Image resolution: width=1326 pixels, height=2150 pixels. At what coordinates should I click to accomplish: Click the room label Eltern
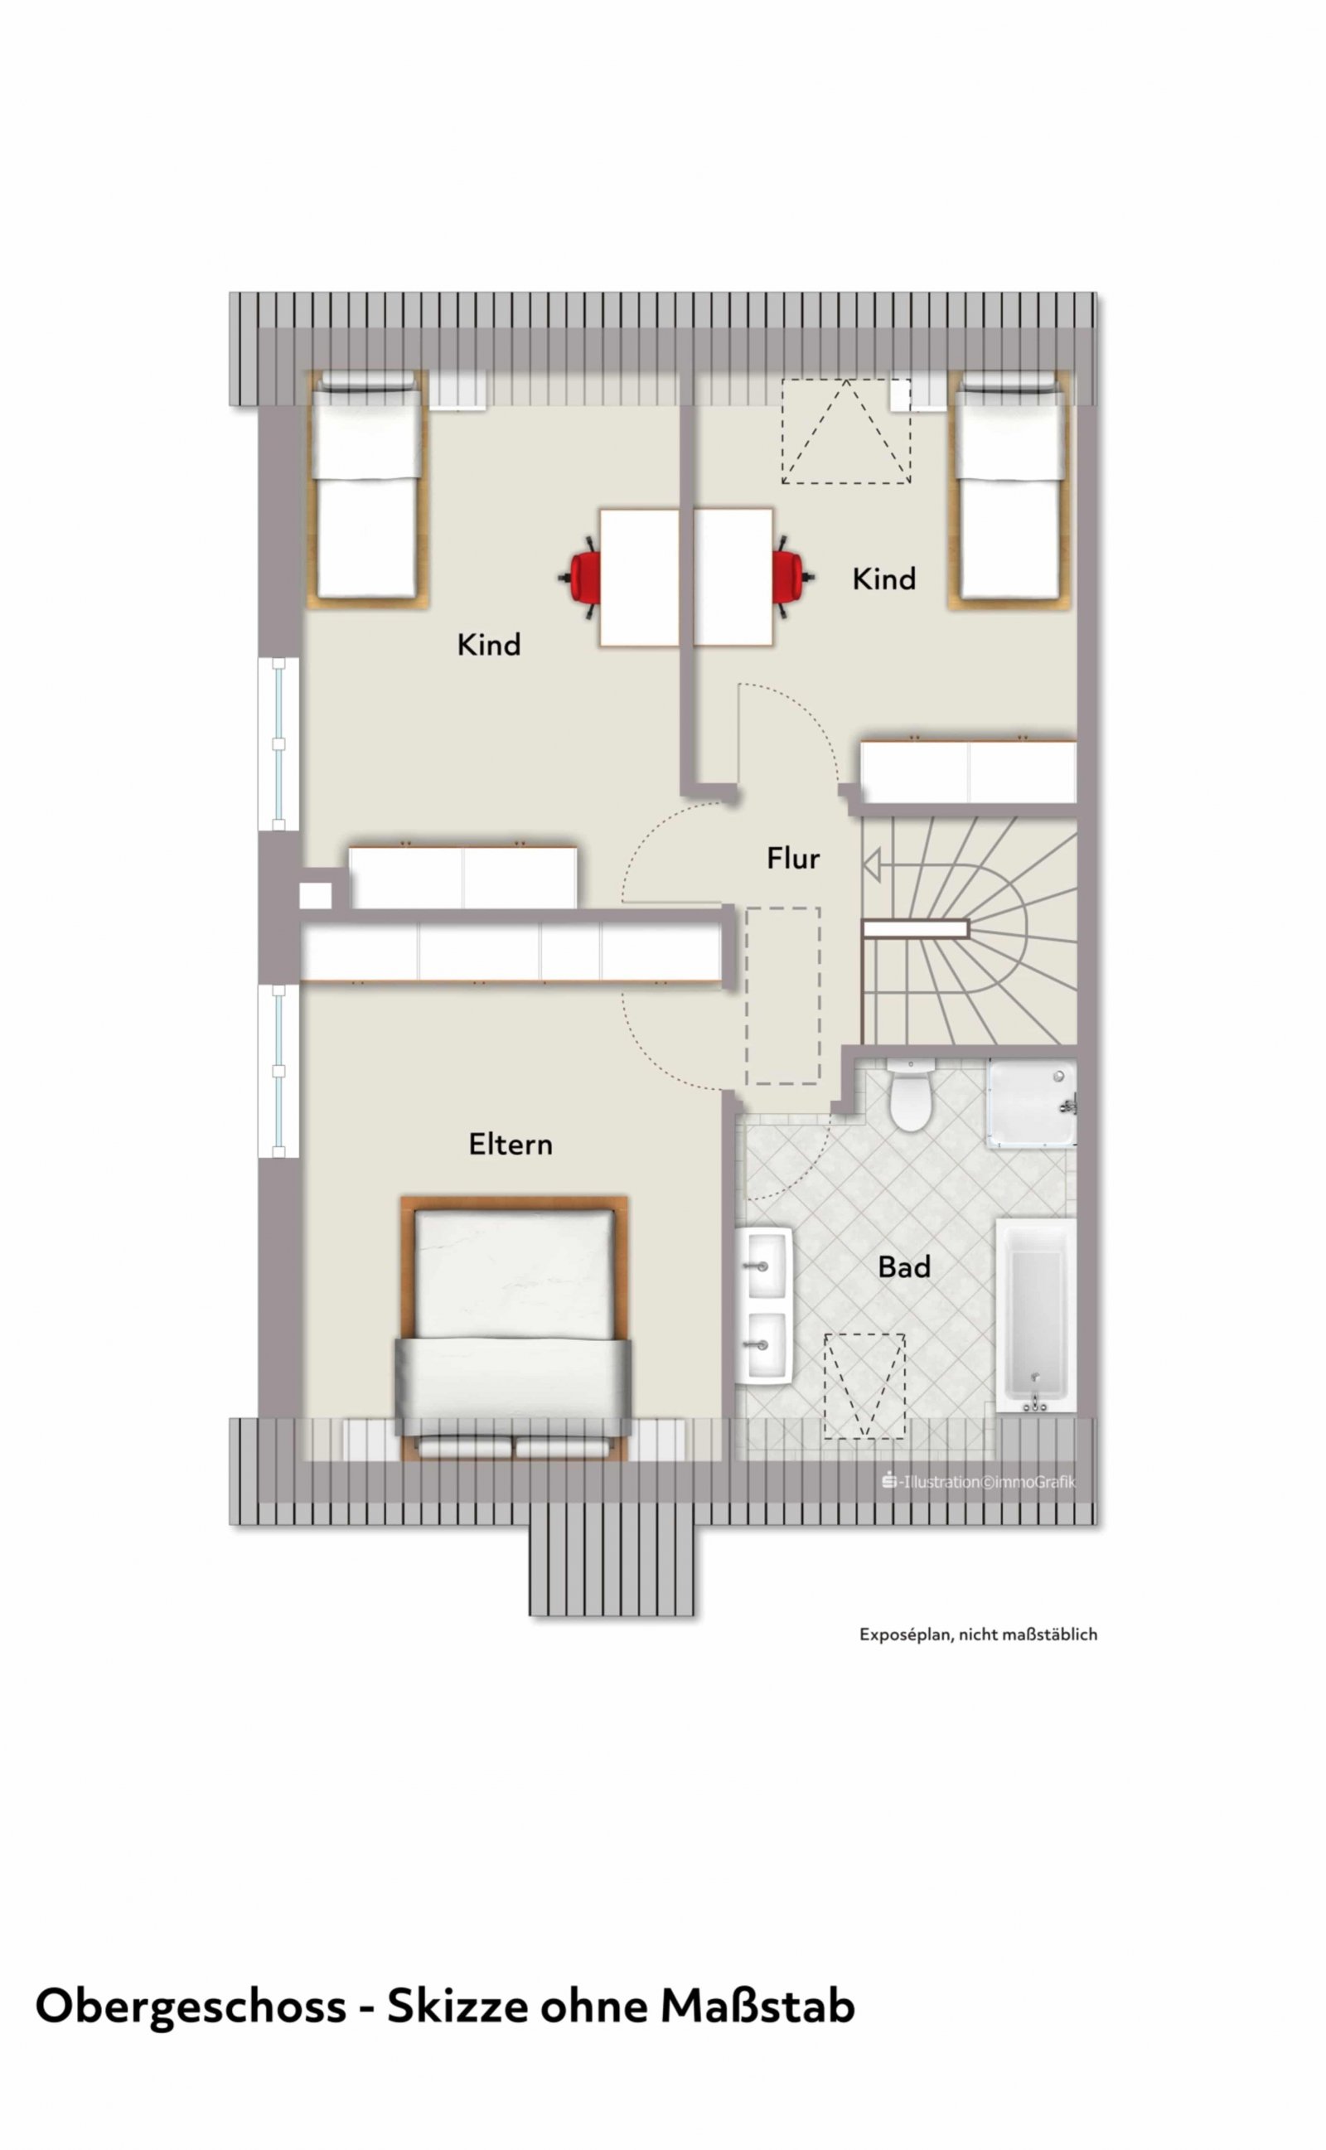click(x=511, y=1145)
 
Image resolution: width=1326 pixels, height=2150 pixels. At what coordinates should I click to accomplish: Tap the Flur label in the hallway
click(x=793, y=859)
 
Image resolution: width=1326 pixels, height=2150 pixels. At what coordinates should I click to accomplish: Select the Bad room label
click(x=904, y=1267)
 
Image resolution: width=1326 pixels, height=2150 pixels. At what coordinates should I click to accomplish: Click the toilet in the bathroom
click(x=910, y=1095)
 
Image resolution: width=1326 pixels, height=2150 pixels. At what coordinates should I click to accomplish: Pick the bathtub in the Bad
click(x=1036, y=1315)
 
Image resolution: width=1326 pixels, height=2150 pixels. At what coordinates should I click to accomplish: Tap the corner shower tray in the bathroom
click(x=1031, y=1103)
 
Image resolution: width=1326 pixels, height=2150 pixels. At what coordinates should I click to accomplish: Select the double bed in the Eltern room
click(x=514, y=1328)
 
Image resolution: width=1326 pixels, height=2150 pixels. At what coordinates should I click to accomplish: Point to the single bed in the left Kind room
click(x=367, y=489)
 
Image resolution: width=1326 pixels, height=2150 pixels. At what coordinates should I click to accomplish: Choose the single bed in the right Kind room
click(x=1010, y=489)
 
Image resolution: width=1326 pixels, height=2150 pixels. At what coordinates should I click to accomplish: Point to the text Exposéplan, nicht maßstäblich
click(x=978, y=1634)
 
